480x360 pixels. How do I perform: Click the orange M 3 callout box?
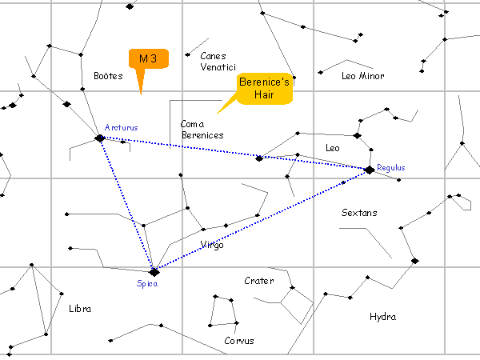(149, 59)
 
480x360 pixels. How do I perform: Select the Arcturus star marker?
(100, 138)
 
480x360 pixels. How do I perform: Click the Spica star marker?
(154, 272)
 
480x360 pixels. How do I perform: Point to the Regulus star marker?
(369, 170)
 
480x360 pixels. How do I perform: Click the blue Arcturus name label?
(122, 128)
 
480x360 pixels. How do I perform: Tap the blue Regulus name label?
(391, 168)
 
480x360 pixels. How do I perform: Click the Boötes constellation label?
(107, 77)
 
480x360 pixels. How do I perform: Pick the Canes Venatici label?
(214, 62)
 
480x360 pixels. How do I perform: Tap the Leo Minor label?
(362, 77)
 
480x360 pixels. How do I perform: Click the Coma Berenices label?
(202, 130)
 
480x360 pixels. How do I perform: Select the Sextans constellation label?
(358, 214)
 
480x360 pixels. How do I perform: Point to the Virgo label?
(212, 245)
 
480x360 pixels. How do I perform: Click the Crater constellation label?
(258, 281)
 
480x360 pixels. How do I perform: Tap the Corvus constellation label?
(239, 341)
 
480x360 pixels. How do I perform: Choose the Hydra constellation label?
(382, 317)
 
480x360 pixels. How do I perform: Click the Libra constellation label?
(80, 309)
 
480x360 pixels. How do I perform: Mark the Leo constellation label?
(333, 148)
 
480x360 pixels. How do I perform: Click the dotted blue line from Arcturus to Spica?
(126, 205)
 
